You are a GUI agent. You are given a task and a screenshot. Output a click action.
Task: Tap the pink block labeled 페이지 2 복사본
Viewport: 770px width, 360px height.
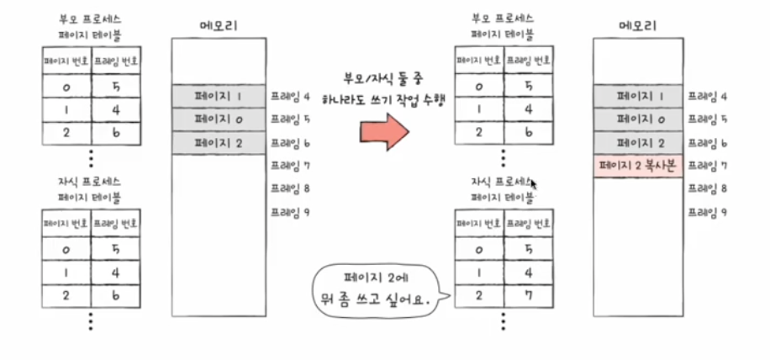[x=637, y=166]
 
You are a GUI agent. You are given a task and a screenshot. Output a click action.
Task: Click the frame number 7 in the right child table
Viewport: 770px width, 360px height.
[x=530, y=295]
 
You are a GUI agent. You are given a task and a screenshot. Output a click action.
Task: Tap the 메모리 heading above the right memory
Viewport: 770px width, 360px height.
[x=637, y=24]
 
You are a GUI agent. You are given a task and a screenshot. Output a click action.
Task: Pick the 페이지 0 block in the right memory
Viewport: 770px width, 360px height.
[x=637, y=120]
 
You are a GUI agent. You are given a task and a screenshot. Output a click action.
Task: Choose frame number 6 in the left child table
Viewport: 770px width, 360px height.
[x=117, y=295]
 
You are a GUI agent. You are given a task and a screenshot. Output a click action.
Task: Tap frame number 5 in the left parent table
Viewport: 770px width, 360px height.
[x=117, y=85]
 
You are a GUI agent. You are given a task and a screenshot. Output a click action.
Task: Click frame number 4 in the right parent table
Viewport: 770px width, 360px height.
[x=530, y=109]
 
